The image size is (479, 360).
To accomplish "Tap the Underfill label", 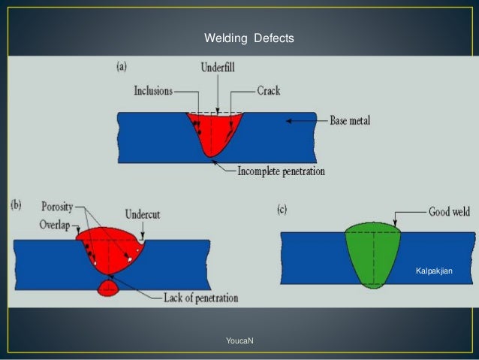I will pos(218,67).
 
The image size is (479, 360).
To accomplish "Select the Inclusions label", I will pos(153,91).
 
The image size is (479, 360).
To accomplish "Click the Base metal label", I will pos(350,120).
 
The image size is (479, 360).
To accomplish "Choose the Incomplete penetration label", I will pos(281,171).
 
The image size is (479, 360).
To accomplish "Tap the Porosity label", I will pos(57,206).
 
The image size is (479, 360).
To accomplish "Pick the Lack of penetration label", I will pos(200,298).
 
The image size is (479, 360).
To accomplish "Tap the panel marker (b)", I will pos(16,205).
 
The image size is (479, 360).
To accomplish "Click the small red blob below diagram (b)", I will pos(109,287).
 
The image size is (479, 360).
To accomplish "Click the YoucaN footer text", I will pos(239,341).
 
